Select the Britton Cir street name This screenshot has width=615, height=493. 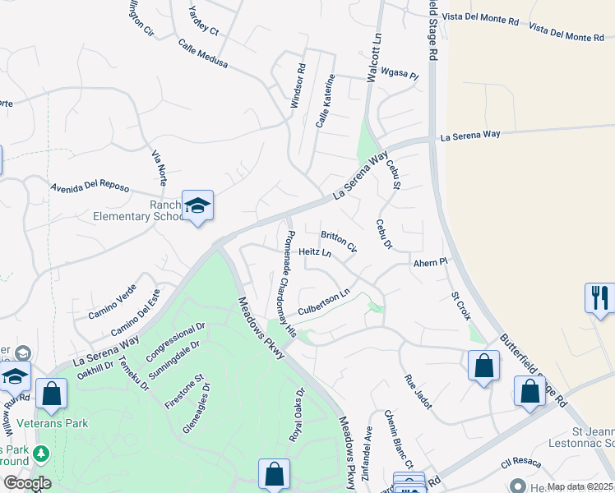(x=339, y=241)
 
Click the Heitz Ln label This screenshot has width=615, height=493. (x=315, y=252)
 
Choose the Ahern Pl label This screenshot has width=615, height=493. (x=429, y=262)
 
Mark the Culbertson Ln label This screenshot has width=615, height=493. (x=324, y=302)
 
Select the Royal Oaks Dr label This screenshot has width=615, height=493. (x=297, y=415)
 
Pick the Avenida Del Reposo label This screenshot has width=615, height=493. (x=90, y=187)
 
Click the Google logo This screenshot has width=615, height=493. (x=26, y=483)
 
